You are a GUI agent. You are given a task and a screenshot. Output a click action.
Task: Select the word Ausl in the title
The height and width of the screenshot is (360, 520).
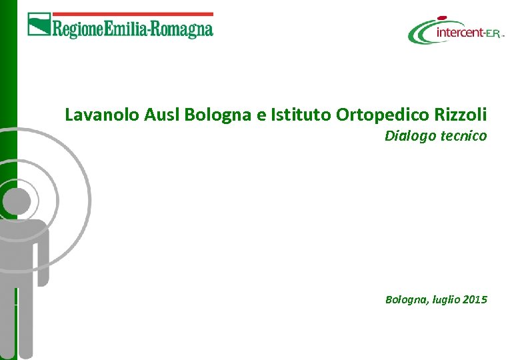pyautogui.click(x=161, y=115)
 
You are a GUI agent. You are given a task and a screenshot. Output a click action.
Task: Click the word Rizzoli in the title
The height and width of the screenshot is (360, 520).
pyautogui.click(x=461, y=115)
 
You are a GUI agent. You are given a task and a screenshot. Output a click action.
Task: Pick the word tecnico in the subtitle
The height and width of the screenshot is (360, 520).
pyautogui.click(x=463, y=136)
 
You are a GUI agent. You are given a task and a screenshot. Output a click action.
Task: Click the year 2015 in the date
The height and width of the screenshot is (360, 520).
pyautogui.click(x=474, y=300)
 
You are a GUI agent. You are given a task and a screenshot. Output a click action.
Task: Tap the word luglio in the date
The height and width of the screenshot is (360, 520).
pyautogui.click(x=441, y=301)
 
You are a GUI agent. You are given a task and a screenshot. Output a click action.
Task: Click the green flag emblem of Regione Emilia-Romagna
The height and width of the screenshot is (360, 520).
pyautogui.click(x=39, y=25)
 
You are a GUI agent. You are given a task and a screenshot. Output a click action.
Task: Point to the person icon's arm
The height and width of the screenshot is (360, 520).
pyautogui.click(x=42, y=253)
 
